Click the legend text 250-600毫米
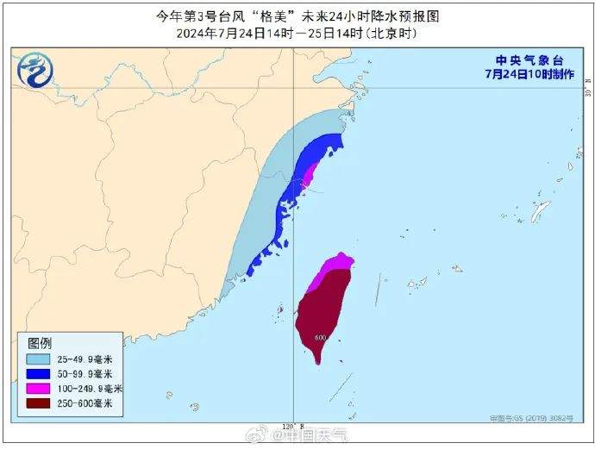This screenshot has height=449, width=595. coord(97,402)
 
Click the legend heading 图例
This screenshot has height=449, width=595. coord(40,342)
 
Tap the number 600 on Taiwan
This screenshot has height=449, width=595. coord(320,337)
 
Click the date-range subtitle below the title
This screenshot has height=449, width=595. coord(297,34)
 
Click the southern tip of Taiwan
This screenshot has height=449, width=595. coord(318,361)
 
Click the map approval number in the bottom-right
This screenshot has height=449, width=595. coord(535,418)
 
